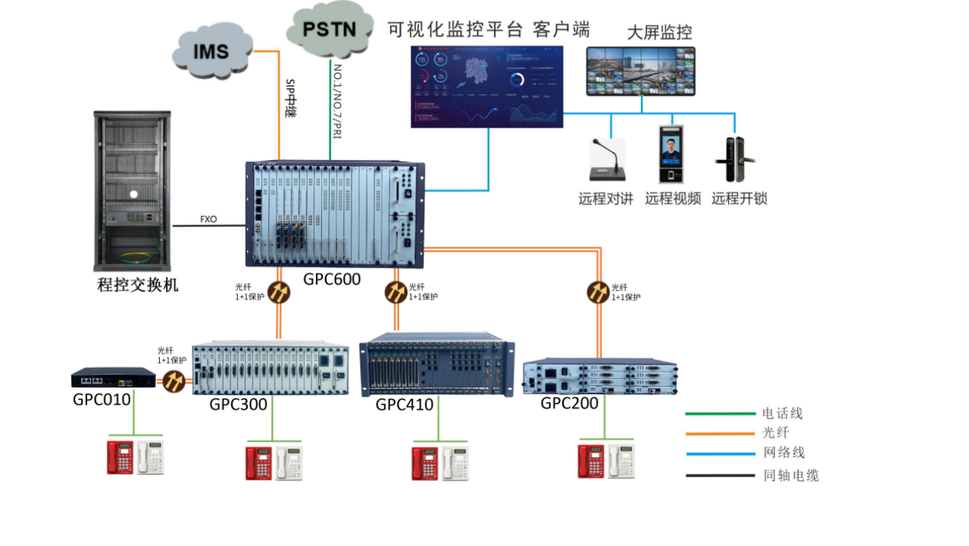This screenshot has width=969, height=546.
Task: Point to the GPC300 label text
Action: click(238, 404)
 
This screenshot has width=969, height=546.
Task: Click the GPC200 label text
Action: click(569, 403)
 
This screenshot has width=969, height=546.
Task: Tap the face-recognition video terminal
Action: click(671, 155)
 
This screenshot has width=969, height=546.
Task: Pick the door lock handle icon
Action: click(732, 159)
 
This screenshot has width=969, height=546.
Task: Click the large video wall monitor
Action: click(641, 71)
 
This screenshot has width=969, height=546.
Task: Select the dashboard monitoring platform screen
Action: click(487, 86)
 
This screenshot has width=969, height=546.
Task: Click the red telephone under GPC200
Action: click(591, 461)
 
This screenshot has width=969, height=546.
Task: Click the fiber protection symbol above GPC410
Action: click(395, 292)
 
